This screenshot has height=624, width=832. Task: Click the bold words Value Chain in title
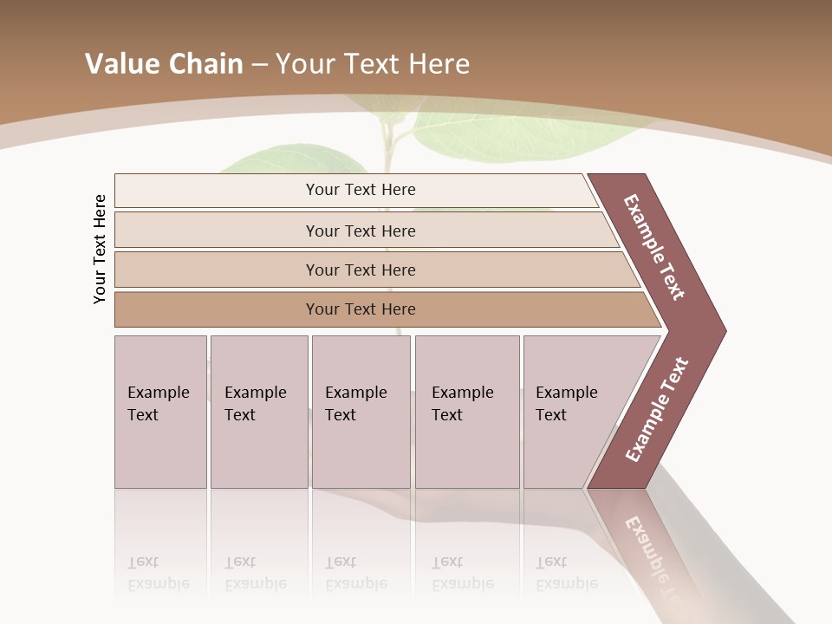(x=164, y=64)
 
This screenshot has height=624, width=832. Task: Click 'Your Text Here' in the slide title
(x=373, y=64)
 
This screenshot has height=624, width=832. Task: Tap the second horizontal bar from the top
(x=361, y=231)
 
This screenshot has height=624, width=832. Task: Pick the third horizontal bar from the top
(x=361, y=270)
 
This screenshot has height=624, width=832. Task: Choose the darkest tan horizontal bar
(x=361, y=309)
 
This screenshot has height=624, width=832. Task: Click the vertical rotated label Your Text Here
(x=100, y=249)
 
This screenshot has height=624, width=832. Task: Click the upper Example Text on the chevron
(x=654, y=247)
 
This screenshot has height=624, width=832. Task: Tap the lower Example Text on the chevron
(x=656, y=410)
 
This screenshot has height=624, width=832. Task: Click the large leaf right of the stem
(x=511, y=130)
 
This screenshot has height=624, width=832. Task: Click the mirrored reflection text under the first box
(x=159, y=573)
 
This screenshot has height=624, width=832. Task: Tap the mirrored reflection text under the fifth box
(x=567, y=573)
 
